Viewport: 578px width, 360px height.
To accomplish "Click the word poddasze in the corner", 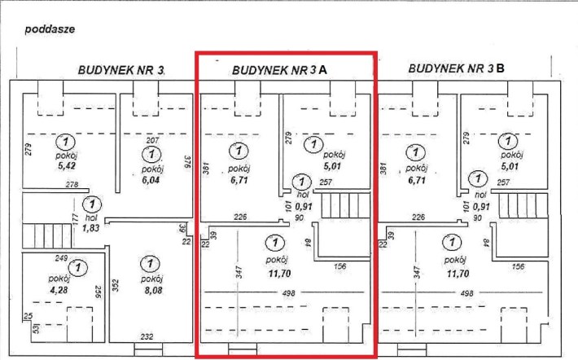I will click(x=50, y=28).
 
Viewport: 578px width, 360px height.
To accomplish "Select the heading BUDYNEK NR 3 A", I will click(x=279, y=70).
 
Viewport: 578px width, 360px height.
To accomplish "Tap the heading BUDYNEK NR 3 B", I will click(x=457, y=68).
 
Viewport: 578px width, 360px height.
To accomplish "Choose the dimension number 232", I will click(x=147, y=336).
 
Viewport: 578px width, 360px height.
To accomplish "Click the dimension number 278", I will click(x=72, y=186).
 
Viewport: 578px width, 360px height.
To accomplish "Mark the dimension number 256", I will click(x=98, y=290).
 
